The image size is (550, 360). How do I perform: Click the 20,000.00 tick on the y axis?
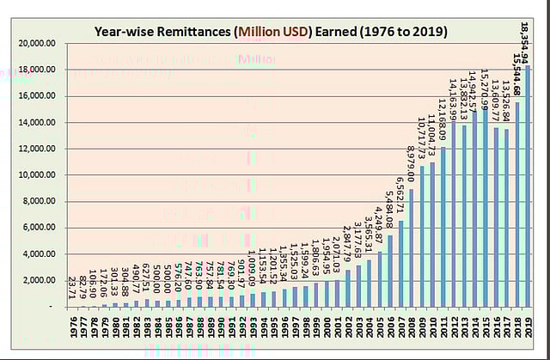pyautogui.click(x=38, y=43)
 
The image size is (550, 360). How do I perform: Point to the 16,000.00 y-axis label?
pyautogui.click(x=38, y=96)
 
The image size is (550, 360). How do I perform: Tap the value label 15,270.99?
pyautogui.click(x=485, y=82)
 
